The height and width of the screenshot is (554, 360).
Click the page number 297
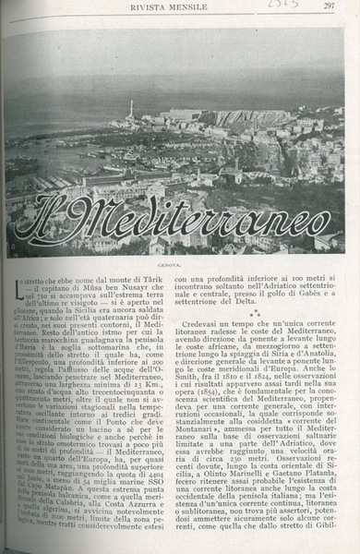coord(328,6)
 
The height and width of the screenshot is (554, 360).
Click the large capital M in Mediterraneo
coord(108,221)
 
